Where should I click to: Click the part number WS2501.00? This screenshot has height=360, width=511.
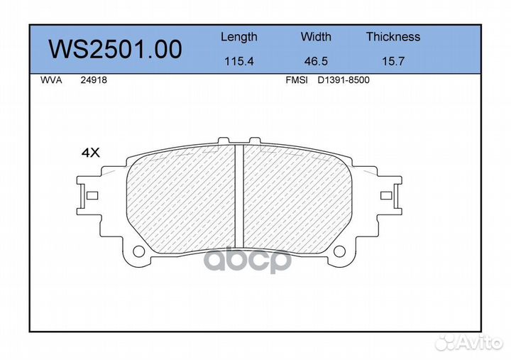click(x=114, y=50)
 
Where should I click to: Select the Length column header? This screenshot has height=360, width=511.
click(x=239, y=37)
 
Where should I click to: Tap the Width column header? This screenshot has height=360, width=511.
click(x=316, y=37)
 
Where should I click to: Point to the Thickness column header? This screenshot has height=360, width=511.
click(x=393, y=37)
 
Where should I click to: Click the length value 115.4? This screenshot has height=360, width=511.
click(x=239, y=61)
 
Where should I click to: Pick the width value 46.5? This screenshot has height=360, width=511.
click(x=316, y=61)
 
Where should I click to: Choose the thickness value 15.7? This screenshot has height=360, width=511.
click(x=392, y=61)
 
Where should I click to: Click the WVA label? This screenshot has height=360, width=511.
click(x=52, y=81)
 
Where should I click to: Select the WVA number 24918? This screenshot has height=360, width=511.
click(x=94, y=81)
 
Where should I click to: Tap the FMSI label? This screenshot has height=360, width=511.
click(x=296, y=81)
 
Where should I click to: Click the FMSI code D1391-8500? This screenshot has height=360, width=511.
click(x=343, y=81)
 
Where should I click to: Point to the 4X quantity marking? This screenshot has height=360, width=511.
click(x=91, y=152)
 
